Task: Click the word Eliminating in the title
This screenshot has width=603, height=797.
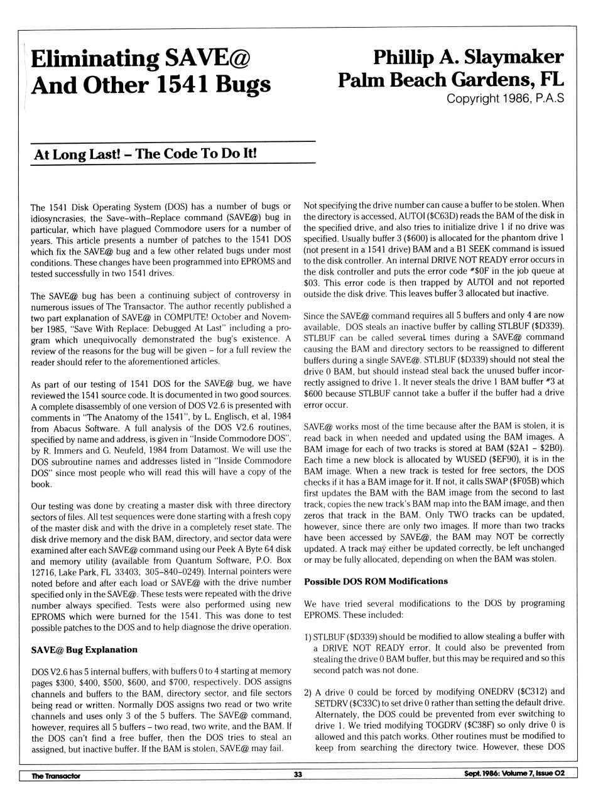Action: tap(94, 58)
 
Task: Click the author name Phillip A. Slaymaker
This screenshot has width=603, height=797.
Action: tap(468, 57)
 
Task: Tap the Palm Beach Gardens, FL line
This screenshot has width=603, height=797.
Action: tap(451, 80)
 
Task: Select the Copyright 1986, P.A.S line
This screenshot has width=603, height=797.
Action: tap(505, 99)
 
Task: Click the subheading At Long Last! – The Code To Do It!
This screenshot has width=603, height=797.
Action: tap(145, 155)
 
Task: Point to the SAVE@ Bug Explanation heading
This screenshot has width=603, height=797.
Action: tap(84, 649)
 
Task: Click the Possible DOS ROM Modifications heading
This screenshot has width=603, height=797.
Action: tap(376, 581)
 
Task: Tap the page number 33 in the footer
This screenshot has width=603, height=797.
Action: tap(298, 774)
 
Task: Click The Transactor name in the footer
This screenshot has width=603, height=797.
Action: tap(56, 775)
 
